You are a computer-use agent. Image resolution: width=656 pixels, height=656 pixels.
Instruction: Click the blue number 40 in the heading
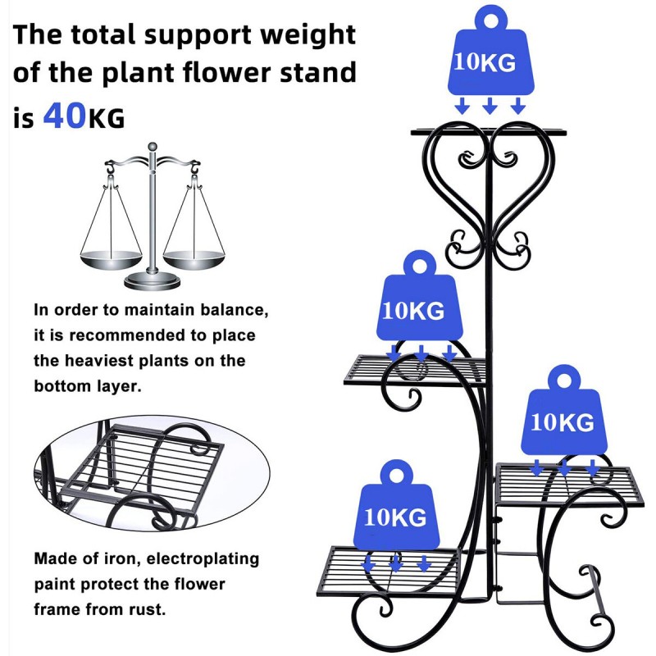[x=64, y=116]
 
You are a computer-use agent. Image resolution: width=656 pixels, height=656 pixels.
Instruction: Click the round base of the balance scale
[x=153, y=282]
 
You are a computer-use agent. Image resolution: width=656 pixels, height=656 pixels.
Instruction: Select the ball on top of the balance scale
[x=152, y=147]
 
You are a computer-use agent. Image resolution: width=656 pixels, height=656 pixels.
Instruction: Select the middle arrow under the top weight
[x=490, y=105]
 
